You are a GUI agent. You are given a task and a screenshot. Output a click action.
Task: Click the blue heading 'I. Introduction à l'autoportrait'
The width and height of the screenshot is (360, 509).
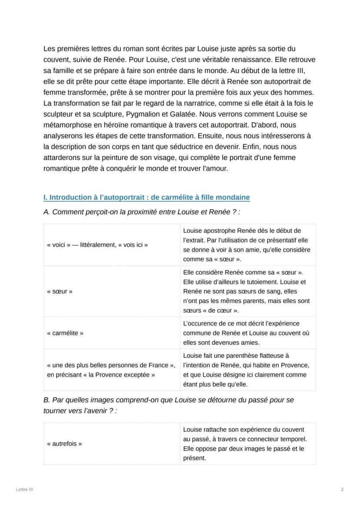147,197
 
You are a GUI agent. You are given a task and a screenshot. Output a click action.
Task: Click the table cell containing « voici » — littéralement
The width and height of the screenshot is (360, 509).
97,245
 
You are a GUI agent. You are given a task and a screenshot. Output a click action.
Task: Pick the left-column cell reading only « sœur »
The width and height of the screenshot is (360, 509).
60,291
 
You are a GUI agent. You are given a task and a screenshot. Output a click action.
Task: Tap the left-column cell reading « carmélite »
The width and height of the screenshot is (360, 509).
65,333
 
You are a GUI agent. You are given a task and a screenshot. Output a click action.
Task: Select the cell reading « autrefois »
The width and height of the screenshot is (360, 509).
64,444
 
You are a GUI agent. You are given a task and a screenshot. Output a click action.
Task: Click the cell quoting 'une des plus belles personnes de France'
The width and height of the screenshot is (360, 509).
111,369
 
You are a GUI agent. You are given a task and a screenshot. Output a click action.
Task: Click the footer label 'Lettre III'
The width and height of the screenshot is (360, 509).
24,489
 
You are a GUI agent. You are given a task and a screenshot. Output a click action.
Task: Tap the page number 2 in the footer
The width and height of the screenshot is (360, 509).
342,489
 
